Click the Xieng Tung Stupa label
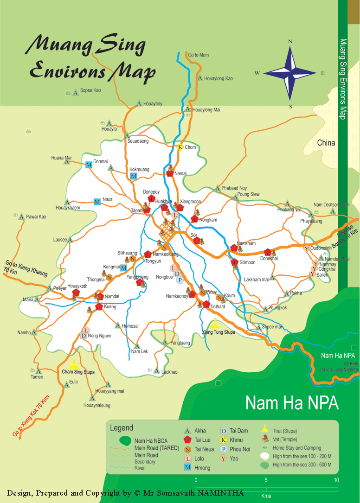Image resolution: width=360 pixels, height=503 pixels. (219, 332)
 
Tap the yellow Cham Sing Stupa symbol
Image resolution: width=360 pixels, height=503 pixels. (75, 362)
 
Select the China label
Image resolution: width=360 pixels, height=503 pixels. (326, 143)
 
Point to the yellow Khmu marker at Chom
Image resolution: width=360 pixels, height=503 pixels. (180, 147)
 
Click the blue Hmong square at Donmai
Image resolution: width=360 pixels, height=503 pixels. (89, 165)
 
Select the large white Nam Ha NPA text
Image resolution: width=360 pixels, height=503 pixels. (292, 402)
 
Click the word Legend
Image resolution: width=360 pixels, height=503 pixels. (121, 428)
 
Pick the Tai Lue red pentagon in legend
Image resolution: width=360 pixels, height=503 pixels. (188, 439)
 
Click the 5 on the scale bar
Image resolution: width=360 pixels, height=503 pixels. (266, 480)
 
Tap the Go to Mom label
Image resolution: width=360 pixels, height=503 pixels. (198, 55)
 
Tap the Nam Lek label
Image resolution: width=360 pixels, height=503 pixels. (139, 351)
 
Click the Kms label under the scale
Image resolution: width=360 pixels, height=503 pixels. (266, 496)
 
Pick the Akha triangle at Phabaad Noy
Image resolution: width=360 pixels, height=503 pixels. (217, 189)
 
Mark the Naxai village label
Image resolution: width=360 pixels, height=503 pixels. (108, 199)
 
